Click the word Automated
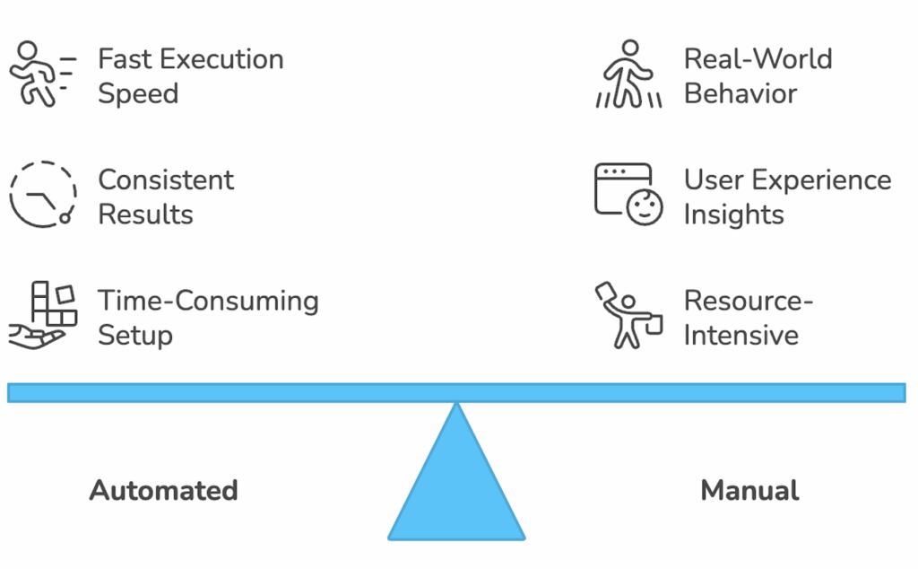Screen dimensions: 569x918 pos(164,491)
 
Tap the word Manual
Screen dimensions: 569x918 pos(749,491)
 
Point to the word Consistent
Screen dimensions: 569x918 pos(166,179)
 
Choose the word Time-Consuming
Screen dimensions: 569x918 pos(208,300)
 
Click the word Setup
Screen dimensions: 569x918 pos(135,335)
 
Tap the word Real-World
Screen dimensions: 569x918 pos(758,59)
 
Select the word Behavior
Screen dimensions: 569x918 pos(740,93)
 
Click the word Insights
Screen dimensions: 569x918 pos(733,214)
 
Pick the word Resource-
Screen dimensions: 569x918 pos(748,300)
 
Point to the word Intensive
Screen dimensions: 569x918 pos(740,335)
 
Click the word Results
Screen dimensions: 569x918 pos(145,214)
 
